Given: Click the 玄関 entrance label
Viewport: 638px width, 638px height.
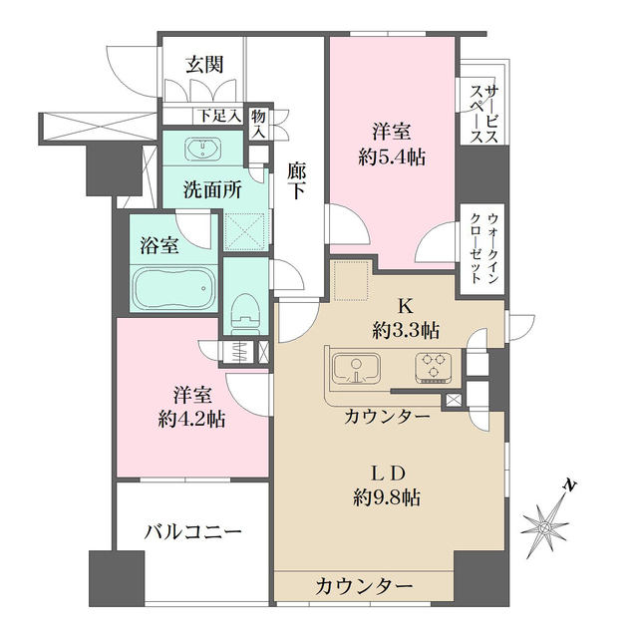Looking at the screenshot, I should (x=203, y=65).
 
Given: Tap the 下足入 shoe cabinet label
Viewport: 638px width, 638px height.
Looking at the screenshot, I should (x=219, y=116).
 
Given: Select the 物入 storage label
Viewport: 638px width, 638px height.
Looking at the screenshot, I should (x=258, y=123).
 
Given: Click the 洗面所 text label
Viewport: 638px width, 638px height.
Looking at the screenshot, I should (x=211, y=190).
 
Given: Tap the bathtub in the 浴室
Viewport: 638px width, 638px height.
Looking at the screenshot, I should (x=173, y=287).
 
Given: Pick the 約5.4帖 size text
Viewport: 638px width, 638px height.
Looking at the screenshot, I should (x=393, y=156).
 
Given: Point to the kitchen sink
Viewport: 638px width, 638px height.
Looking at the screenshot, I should (x=355, y=368).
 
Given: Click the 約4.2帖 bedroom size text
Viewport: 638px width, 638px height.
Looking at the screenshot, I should (x=191, y=419).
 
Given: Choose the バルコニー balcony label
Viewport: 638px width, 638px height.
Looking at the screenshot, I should (x=191, y=533).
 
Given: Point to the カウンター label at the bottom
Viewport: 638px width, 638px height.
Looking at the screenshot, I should (x=365, y=585).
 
